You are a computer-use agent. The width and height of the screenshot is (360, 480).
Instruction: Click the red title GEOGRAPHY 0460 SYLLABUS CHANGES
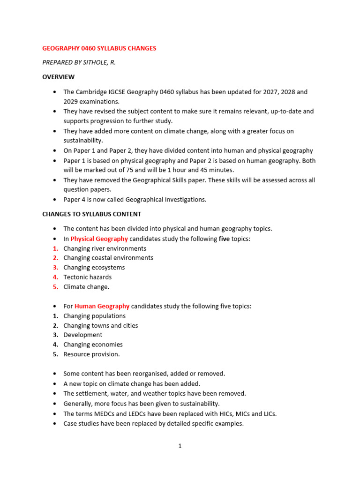tap(99, 48)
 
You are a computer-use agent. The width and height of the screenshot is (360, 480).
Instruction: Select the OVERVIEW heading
tap(58, 77)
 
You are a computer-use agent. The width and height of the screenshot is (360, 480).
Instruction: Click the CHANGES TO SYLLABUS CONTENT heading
tap(91, 214)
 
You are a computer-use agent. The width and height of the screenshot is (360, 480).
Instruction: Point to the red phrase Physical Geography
tap(99, 239)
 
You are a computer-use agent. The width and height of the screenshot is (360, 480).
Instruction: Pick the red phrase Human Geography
tap(102, 306)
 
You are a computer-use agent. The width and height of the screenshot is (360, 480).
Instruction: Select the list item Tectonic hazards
tap(87, 277)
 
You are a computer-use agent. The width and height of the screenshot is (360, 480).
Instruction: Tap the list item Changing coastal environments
tap(108, 258)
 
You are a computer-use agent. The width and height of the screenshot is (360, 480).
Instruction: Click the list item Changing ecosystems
tap(94, 267)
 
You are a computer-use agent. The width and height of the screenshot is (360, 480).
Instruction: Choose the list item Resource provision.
tap(91, 354)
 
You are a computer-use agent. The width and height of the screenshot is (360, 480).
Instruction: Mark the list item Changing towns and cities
tap(101, 325)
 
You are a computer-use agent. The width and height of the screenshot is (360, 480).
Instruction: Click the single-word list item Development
tap(82, 335)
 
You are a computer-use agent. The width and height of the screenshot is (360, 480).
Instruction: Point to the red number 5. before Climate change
tap(55, 287)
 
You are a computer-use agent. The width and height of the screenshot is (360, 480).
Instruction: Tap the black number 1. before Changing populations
tap(55, 316)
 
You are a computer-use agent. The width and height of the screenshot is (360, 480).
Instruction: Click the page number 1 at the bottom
tap(180, 446)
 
